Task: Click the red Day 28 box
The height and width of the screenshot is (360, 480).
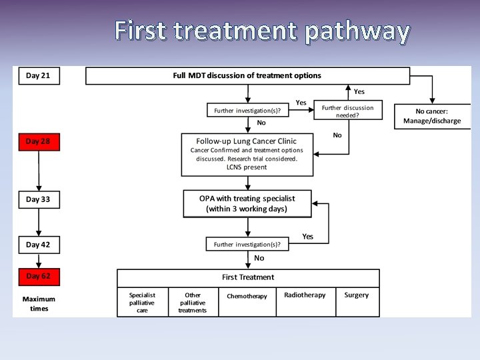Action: point(38,142)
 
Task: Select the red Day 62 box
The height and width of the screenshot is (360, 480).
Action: point(38,276)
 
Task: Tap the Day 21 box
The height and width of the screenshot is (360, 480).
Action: point(38,75)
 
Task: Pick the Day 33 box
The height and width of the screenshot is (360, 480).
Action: point(38,199)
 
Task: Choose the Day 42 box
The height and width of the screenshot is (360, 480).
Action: point(38,245)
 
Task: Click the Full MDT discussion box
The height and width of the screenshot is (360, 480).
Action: point(247,76)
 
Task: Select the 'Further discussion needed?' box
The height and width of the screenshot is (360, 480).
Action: point(347,111)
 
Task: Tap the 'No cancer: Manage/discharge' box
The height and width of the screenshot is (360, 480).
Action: point(431,116)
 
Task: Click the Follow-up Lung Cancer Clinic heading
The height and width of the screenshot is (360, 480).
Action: point(247,141)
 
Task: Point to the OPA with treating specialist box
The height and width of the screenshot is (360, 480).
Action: point(247,203)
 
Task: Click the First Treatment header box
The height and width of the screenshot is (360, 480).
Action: point(248,277)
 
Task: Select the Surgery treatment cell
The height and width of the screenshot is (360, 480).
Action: point(356,295)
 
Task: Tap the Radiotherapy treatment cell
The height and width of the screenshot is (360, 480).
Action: point(305,295)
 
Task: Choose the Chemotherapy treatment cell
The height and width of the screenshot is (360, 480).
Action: point(247,296)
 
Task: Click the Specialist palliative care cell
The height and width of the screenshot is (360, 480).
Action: point(142,302)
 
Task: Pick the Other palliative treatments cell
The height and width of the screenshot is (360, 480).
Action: point(193,302)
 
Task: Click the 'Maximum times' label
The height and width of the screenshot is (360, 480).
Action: point(39,304)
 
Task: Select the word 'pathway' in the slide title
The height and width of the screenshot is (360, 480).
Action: point(357,31)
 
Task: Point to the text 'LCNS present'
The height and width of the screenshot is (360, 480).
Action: point(246,167)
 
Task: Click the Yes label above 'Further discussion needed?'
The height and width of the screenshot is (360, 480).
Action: point(359,91)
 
